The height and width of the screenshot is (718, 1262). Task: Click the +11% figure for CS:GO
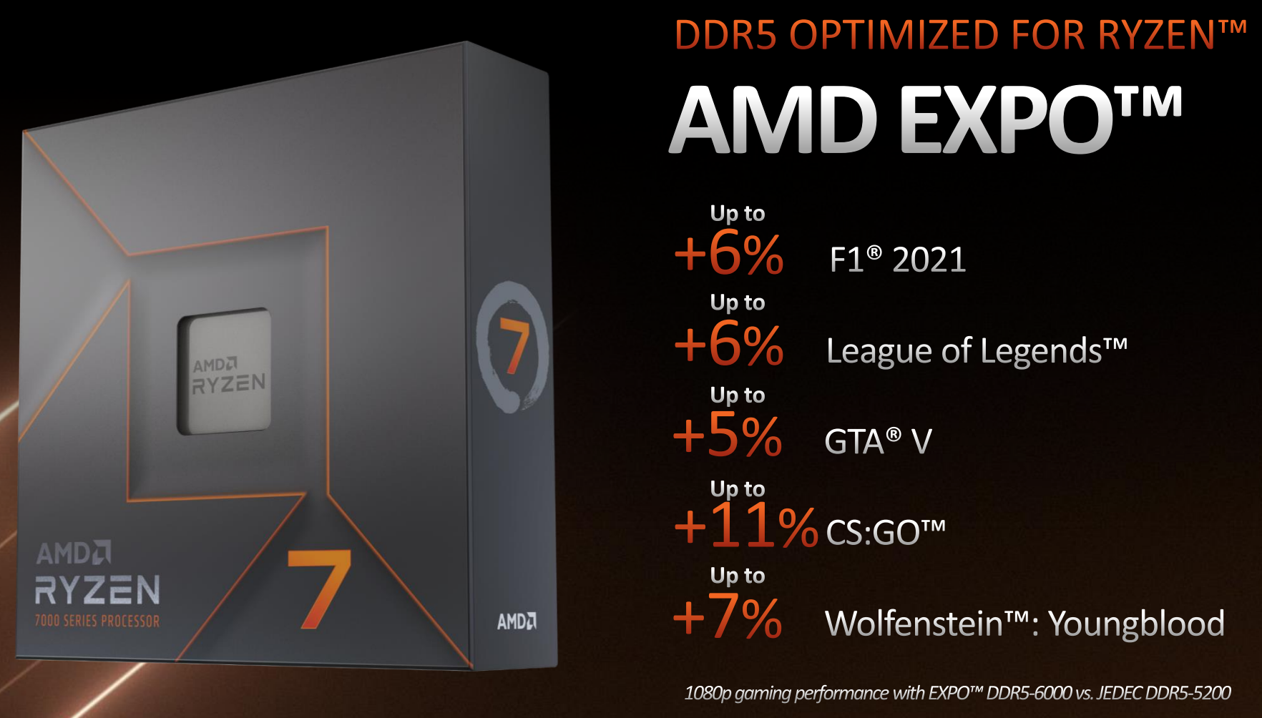click(745, 526)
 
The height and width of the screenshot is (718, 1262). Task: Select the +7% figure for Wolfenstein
click(728, 616)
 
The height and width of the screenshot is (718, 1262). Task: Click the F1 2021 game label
click(898, 259)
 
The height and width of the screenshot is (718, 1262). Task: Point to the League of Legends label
click(977, 351)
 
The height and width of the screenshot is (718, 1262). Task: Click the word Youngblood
click(1136, 624)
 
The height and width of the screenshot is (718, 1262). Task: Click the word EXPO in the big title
click(1007, 119)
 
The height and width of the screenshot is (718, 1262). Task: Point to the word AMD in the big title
click(775, 119)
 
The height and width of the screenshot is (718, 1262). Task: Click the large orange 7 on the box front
click(319, 589)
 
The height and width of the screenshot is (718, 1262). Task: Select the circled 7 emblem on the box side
click(513, 347)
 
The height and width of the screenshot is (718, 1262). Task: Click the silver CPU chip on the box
click(225, 372)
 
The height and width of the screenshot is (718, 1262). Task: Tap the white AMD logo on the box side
click(517, 621)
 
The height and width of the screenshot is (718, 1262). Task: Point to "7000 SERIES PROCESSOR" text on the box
click(97, 621)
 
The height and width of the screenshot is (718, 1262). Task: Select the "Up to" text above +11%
click(738, 489)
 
